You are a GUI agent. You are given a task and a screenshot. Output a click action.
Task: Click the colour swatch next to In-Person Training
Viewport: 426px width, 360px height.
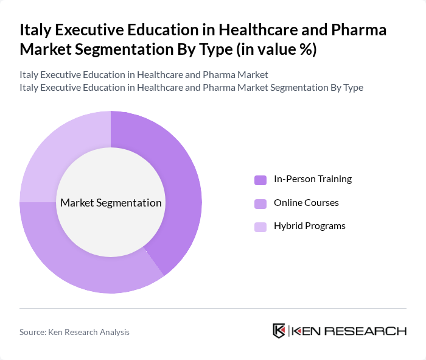260,180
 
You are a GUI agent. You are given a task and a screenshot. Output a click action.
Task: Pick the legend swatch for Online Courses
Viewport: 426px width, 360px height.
260,203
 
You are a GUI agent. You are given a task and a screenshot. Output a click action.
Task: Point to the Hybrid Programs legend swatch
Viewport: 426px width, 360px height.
260,227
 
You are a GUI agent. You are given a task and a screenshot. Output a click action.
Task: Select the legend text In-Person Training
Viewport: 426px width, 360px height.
313,179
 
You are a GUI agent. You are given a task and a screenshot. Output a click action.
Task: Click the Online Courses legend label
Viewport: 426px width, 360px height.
306,202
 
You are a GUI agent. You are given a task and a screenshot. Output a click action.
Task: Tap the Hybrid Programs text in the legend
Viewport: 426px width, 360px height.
309,226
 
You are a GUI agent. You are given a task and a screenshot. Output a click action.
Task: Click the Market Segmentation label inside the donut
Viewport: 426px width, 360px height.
111,203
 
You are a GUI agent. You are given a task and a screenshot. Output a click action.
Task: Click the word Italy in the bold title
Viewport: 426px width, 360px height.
33,30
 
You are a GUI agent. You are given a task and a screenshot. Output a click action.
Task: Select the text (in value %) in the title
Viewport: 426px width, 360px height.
278,49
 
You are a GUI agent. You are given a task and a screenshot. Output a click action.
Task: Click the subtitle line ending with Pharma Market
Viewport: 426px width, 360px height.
144,75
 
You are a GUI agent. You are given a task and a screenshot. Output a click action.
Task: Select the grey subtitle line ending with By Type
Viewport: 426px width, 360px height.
191,88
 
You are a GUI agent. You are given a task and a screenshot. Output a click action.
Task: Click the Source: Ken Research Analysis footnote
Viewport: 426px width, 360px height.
74,332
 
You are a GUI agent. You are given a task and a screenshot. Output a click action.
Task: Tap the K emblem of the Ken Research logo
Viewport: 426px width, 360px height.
279,331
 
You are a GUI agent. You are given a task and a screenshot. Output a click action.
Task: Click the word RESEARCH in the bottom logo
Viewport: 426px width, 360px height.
372,331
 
